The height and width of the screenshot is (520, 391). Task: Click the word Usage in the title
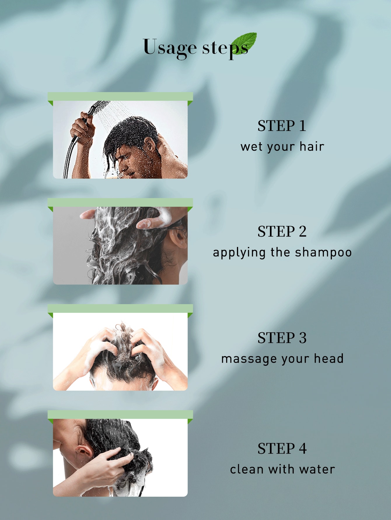(x=170, y=48)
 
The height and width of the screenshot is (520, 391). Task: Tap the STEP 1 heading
(x=282, y=126)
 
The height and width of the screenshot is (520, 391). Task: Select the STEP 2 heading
(x=282, y=232)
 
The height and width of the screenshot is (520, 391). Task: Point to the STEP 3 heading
(x=282, y=338)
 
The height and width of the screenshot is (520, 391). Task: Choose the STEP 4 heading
(x=282, y=448)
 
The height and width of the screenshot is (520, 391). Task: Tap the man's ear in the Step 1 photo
(x=150, y=144)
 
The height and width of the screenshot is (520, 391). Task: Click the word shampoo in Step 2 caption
(x=323, y=252)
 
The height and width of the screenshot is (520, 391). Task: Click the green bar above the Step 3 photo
(x=120, y=309)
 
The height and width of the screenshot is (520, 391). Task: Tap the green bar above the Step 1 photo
(x=120, y=96)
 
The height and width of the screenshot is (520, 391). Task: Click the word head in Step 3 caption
(x=329, y=358)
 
